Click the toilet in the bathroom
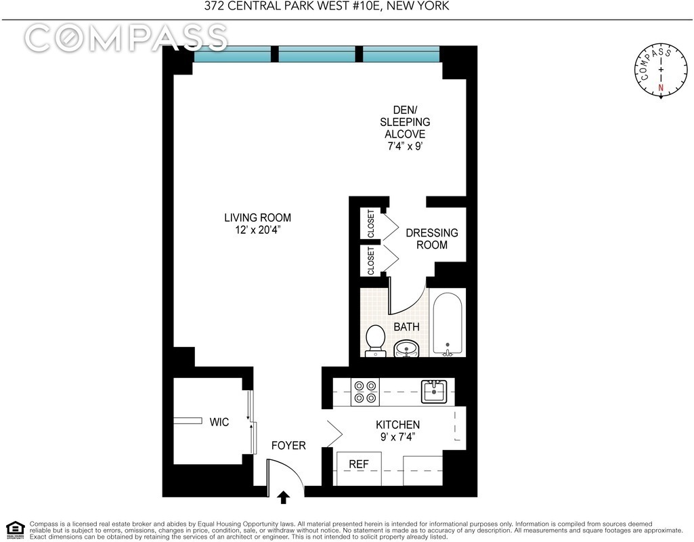point(374,339)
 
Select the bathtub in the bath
point(447,323)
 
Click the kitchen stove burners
point(366,392)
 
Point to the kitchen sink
point(433,391)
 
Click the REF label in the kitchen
point(358,464)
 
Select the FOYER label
point(288,446)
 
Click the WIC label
point(219,422)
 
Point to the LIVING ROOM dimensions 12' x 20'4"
point(257,230)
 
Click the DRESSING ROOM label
point(431,238)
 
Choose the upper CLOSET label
point(371,224)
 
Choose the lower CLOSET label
point(371,260)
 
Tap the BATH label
point(406,327)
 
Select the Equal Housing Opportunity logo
point(15,529)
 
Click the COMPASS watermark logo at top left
point(126,38)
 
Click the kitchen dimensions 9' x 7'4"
point(397,437)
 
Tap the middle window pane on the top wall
point(317,54)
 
